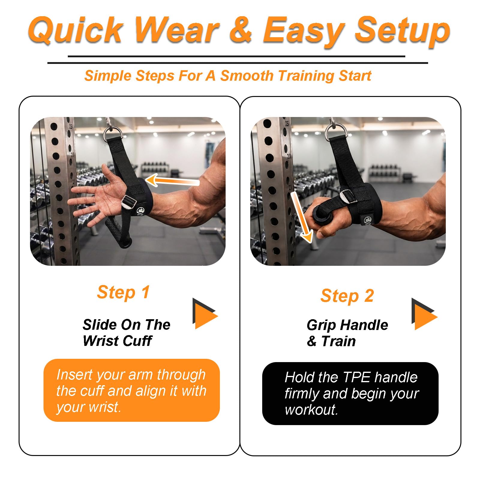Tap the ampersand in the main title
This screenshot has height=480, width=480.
(241, 29)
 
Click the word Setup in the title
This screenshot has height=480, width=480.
(403, 31)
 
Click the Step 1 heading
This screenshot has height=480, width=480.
(123, 292)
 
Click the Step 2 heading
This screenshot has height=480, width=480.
(347, 296)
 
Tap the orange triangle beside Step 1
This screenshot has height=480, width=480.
(205, 314)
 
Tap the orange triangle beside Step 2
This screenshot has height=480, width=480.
(424, 314)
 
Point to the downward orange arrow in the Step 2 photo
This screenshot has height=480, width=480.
(301, 217)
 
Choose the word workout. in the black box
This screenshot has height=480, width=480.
(311, 410)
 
